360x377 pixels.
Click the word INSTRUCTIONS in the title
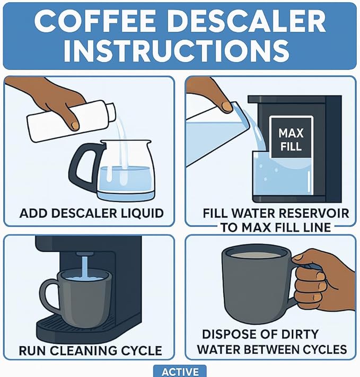coord(180,51)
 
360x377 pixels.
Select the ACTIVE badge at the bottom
coord(180,371)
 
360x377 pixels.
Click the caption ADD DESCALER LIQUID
coord(91,214)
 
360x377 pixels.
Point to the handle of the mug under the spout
coord(51,295)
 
